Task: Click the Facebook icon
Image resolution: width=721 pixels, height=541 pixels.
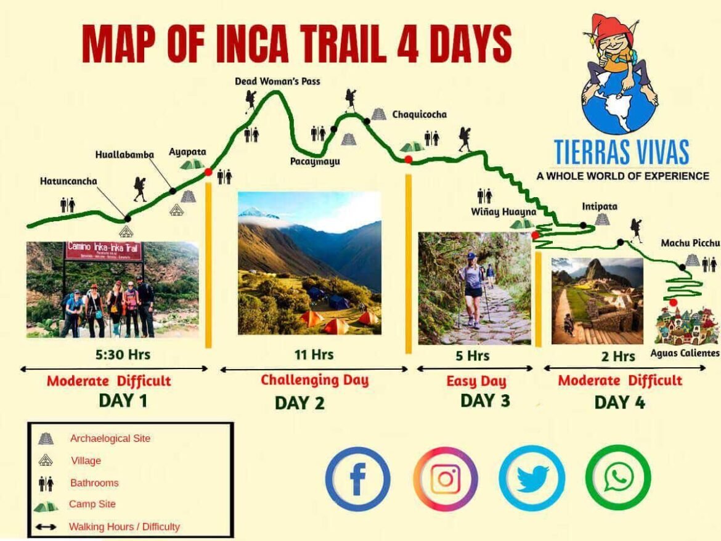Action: pyautogui.click(x=357, y=479)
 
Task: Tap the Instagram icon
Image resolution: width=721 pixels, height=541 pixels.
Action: pyautogui.click(x=445, y=479)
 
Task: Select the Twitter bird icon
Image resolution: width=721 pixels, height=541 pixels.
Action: pyautogui.click(x=532, y=478)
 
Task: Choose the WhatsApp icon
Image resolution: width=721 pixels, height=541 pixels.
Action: pyautogui.click(x=617, y=477)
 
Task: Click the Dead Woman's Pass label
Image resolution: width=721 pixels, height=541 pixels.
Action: pyautogui.click(x=277, y=81)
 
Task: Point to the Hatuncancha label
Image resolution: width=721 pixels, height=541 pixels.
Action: pyautogui.click(x=68, y=181)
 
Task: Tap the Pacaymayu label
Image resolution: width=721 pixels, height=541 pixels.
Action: pyautogui.click(x=315, y=161)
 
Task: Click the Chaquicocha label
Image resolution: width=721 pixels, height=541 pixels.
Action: pyautogui.click(x=420, y=115)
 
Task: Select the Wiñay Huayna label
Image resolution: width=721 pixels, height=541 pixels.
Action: pyautogui.click(x=503, y=212)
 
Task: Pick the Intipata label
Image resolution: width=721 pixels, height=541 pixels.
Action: pyautogui.click(x=600, y=206)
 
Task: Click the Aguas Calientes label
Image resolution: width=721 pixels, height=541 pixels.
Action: pyautogui.click(x=685, y=353)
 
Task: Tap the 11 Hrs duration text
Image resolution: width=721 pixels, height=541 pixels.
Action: pyautogui.click(x=314, y=354)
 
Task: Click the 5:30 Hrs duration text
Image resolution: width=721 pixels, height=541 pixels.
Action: pyautogui.click(x=123, y=354)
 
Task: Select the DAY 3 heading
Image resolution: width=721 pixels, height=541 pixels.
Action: pyautogui.click(x=485, y=401)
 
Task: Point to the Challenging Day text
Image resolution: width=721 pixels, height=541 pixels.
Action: pyautogui.click(x=314, y=380)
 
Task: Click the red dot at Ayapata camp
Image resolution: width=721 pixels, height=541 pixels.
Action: pyautogui.click(x=208, y=172)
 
